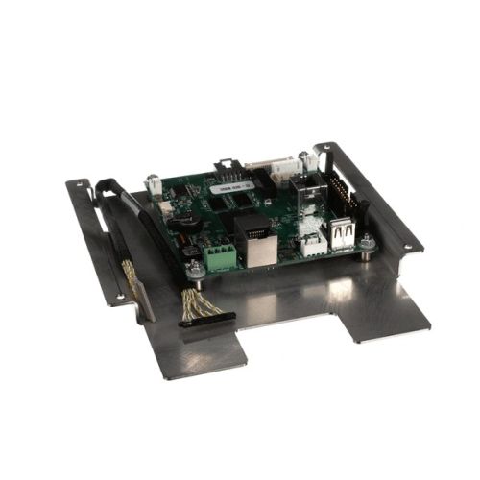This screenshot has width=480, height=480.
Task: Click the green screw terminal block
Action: point(219,256)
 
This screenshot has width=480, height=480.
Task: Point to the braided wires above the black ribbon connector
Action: point(196,301)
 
